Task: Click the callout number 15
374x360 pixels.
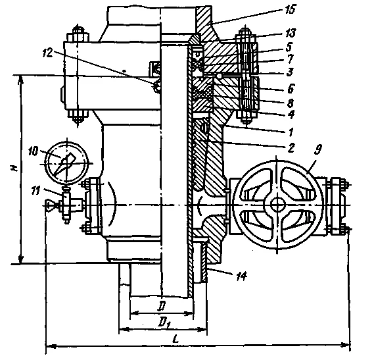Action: [x=290, y=9]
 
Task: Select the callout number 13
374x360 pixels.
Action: [x=291, y=33]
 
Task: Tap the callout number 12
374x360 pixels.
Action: [x=48, y=53]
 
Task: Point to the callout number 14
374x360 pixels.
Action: [x=242, y=276]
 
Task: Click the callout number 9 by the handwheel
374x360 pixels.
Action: [x=318, y=149]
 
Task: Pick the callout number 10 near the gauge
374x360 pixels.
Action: [x=33, y=151]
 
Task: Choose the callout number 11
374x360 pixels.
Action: [x=35, y=190]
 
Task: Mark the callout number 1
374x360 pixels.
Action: [x=291, y=132]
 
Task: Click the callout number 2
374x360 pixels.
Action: [x=291, y=148]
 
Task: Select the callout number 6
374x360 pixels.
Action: [x=291, y=88]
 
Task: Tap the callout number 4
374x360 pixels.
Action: [x=291, y=115]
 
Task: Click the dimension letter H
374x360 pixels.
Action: [x=14, y=168]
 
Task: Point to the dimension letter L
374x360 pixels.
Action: [x=175, y=339]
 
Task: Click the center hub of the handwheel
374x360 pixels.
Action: [x=277, y=205]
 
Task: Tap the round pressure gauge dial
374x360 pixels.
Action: [x=67, y=163]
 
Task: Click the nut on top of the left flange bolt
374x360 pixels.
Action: [x=78, y=38]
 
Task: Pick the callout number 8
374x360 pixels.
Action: [x=291, y=103]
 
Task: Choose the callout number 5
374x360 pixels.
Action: [x=289, y=47]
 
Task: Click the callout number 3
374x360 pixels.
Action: [x=290, y=72]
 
